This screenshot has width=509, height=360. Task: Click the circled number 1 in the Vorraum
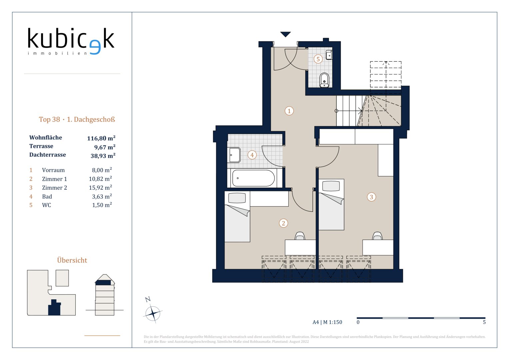tap(289, 111)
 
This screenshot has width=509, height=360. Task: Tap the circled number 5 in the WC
tap(318, 59)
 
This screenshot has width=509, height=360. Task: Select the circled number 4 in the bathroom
tap(252, 155)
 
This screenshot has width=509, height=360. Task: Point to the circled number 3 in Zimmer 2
tap(371, 197)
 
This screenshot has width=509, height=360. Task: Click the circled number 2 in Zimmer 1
tap(283, 223)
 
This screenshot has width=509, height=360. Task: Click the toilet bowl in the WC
tap(324, 80)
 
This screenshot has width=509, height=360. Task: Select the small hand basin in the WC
tap(329, 55)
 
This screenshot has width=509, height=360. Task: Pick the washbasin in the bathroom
tap(234, 155)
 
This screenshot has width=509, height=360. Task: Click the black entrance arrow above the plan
tap(285, 34)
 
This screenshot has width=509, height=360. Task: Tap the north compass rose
tap(153, 313)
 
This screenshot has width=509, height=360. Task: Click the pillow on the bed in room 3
tap(331, 186)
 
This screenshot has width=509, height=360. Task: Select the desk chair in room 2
tap(300, 236)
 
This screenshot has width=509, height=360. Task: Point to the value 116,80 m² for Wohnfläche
tap(101, 138)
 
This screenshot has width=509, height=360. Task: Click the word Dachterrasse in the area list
tap(47, 155)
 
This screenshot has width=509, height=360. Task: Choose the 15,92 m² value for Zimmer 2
tap(100, 187)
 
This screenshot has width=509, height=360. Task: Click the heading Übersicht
tap(72, 260)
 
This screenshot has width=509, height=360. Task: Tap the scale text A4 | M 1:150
tap(327, 322)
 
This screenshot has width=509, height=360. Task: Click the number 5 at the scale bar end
tap(484, 322)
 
